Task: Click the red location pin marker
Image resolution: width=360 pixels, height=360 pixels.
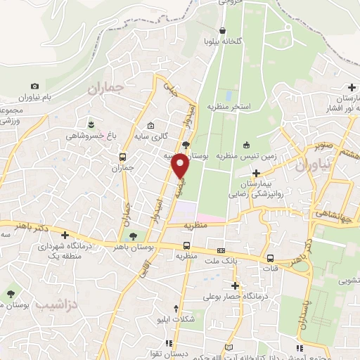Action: coord(181,165)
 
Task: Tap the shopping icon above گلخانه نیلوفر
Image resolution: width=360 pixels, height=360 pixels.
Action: coord(223,30)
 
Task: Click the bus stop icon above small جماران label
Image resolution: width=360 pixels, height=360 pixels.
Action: coord(124,157)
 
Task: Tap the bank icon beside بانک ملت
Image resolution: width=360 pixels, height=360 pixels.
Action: coord(221,251)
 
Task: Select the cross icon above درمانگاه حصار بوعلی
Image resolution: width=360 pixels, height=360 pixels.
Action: coord(235,285)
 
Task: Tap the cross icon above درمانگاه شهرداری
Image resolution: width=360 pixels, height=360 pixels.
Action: coord(65,235)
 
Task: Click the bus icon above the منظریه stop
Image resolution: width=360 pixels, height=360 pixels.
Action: coord(186,245)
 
